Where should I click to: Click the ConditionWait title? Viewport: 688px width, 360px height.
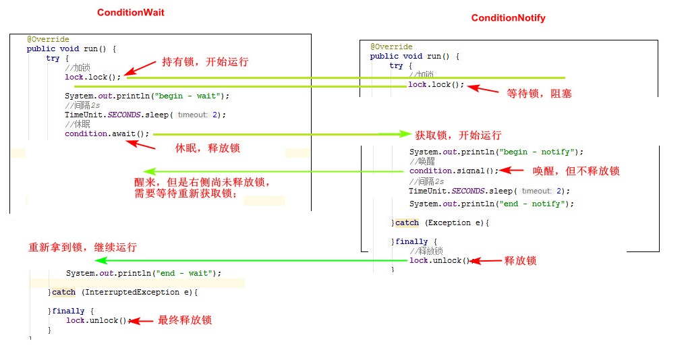[x=130, y=13]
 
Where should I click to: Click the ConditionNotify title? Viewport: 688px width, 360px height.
[x=508, y=18]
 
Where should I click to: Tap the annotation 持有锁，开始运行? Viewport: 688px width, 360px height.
[x=206, y=62]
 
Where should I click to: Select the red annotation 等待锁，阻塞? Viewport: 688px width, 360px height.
[x=539, y=94]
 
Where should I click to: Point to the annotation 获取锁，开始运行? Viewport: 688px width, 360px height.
[x=458, y=136]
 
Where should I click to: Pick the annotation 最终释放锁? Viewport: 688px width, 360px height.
[x=185, y=320]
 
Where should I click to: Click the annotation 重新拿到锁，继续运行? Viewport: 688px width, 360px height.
[x=82, y=247]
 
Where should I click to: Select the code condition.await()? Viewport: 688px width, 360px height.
[x=107, y=134]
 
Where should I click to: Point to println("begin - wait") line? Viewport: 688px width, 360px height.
[x=147, y=96]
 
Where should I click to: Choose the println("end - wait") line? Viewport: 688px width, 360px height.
[x=143, y=274]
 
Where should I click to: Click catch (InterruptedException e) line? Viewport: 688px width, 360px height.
[x=123, y=293]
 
